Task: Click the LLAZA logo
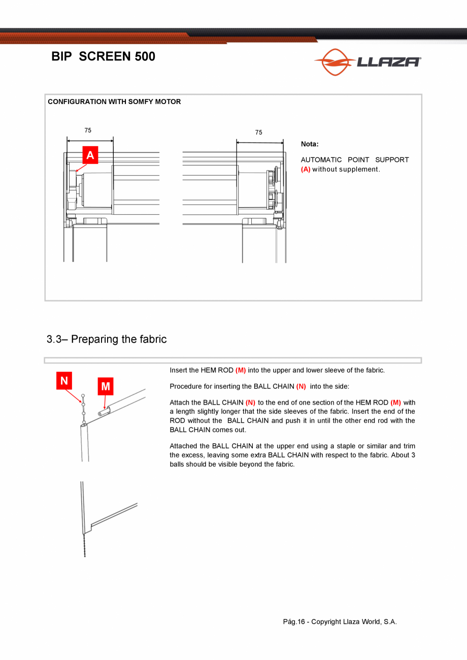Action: click(x=368, y=62)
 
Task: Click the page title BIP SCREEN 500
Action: click(x=103, y=56)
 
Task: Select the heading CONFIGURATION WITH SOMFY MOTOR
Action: click(x=114, y=102)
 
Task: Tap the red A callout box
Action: click(x=90, y=155)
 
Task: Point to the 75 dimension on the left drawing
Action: click(x=88, y=130)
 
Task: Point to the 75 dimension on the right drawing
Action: click(x=259, y=133)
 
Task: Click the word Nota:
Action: click(x=310, y=144)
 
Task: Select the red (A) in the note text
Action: click(x=306, y=169)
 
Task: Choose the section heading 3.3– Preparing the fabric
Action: click(x=107, y=339)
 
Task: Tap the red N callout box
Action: click(x=64, y=380)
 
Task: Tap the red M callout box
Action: click(x=105, y=387)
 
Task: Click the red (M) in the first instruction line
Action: click(x=241, y=370)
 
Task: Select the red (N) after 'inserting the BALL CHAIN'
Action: click(x=301, y=386)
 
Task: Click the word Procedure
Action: click(x=185, y=386)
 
